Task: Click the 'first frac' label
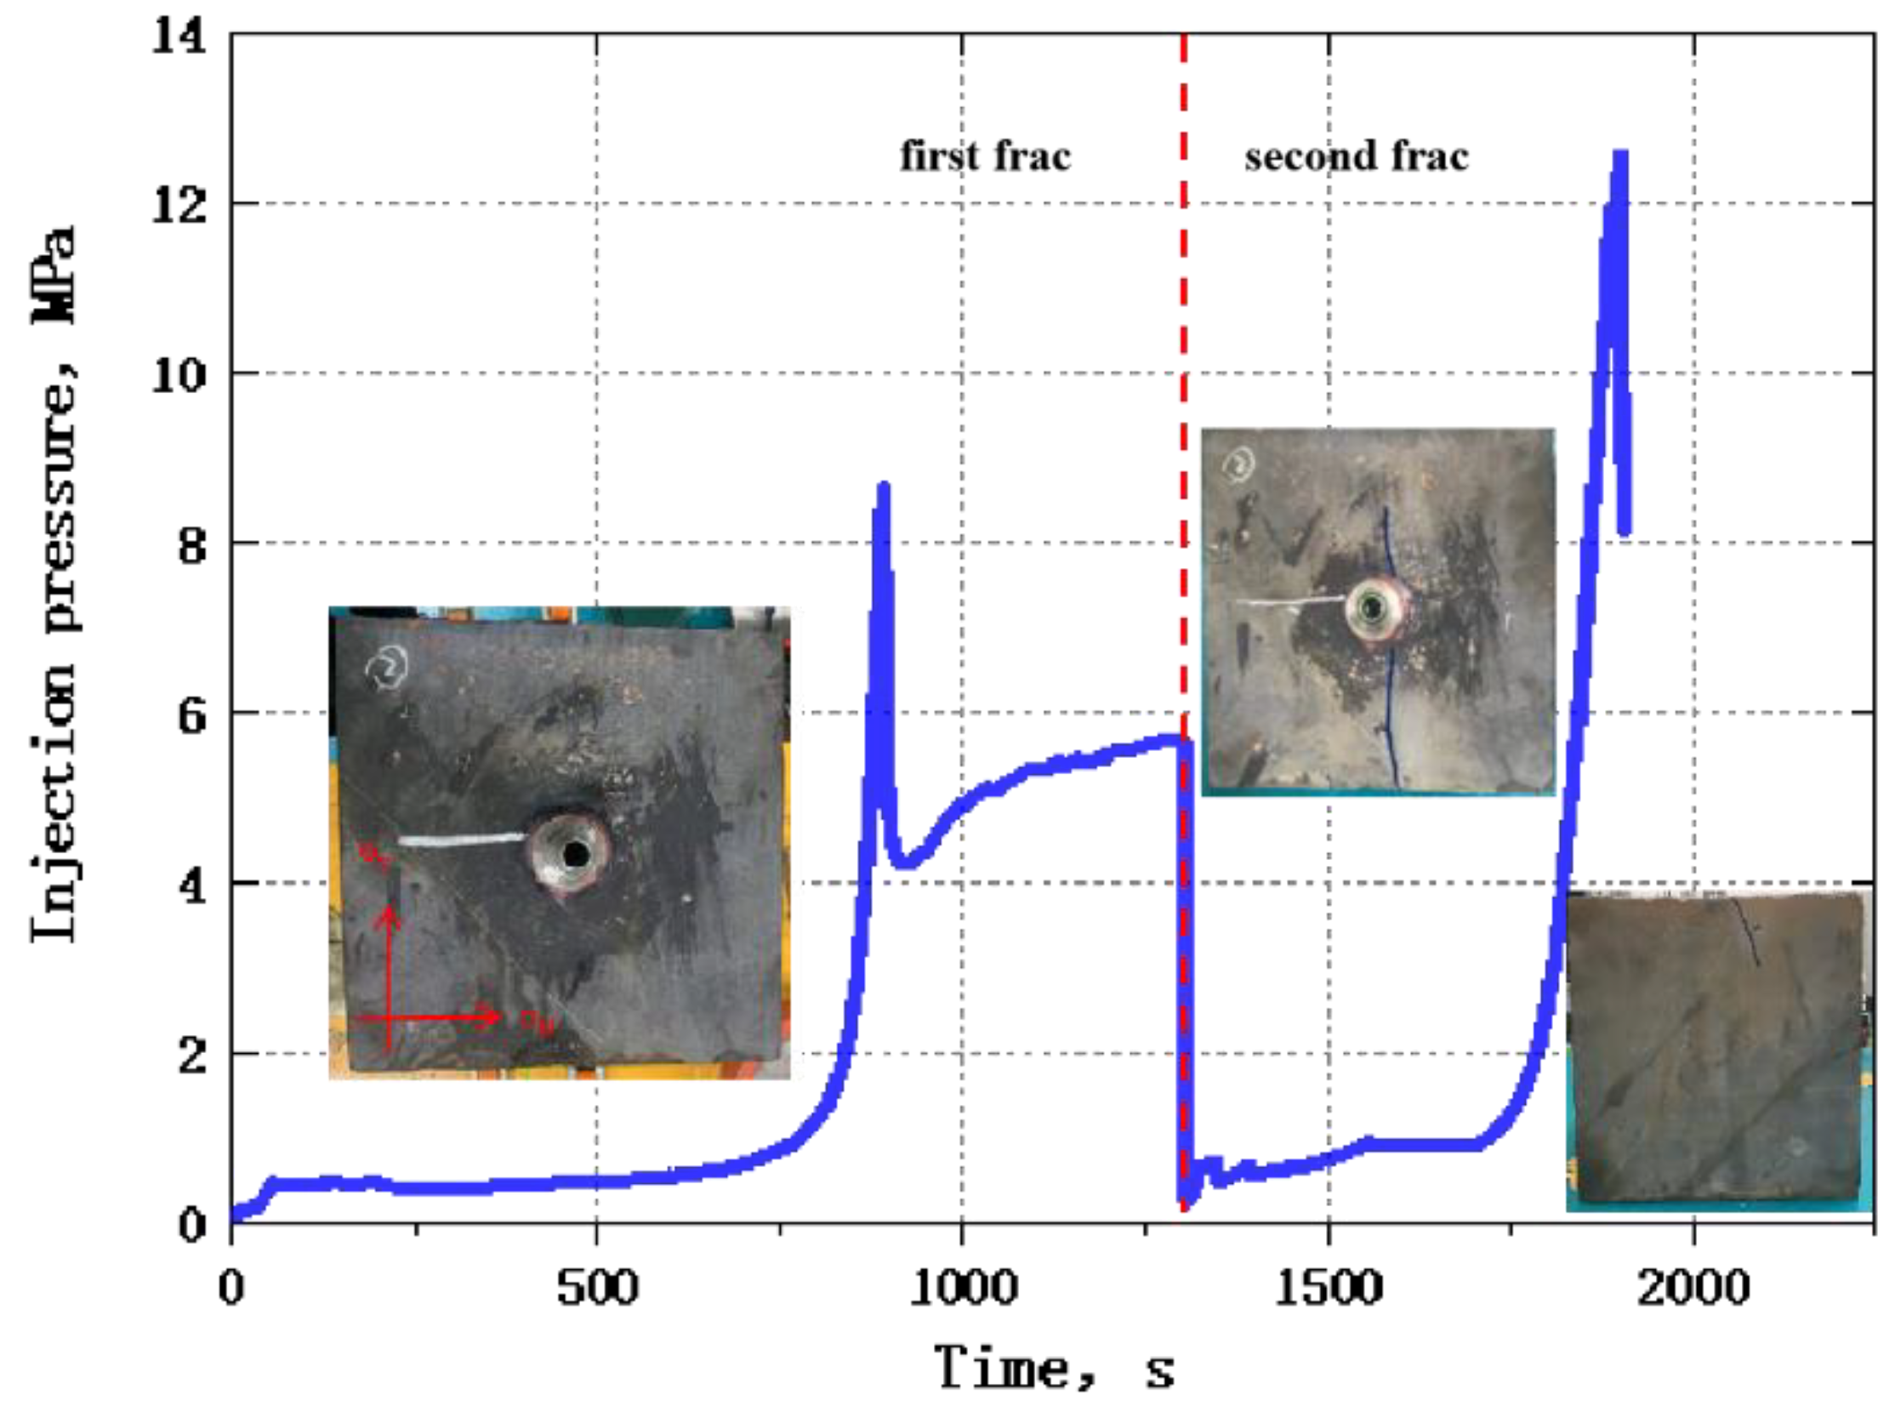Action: coord(985,157)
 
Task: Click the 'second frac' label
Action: coord(1356,157)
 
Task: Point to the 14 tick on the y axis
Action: coord(179,37)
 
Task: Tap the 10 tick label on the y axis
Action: coord(179,374)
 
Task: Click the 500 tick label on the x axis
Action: coord(596,1288)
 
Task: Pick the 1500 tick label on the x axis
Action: coord(1329,1288)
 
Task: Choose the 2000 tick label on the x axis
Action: coord(1693,1288)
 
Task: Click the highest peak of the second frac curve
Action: coord(1619,156)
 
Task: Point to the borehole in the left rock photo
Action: coord(575,853)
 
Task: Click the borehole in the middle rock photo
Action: coord(1373,608)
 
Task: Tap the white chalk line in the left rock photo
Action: coord(462,840)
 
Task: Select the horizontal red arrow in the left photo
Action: coord(427,1017)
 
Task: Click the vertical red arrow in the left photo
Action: coord(390,975)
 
